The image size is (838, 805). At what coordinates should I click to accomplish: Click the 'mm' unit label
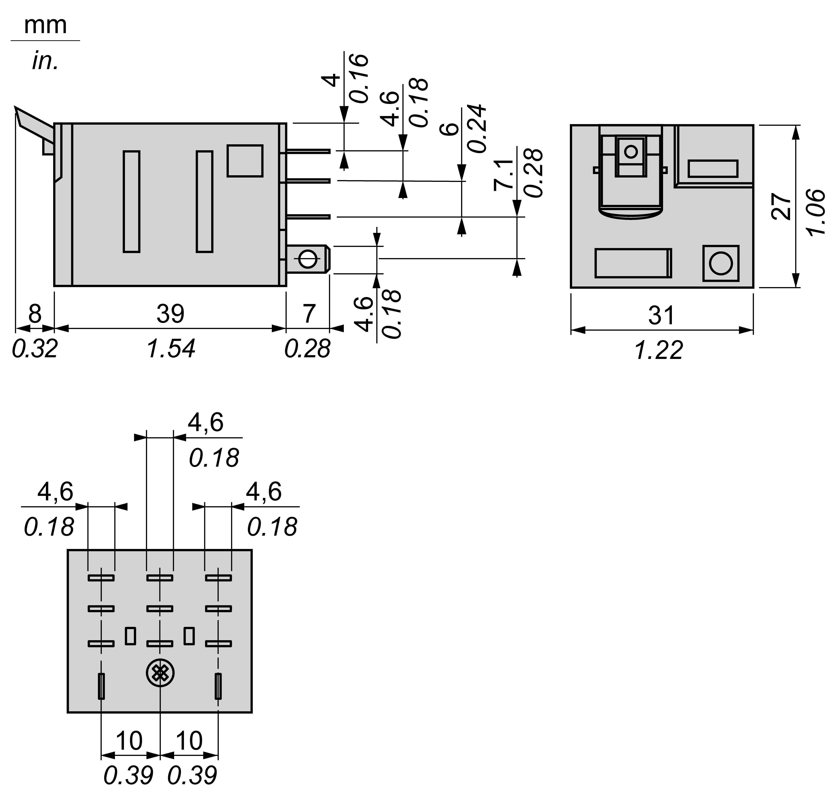pyautogui.click(x=45, y=26)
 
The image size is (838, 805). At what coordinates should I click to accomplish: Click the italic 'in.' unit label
pyautogui.click(x=45, y=61)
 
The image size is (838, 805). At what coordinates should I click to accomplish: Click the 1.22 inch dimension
pyautogui.click(x=659, y=350)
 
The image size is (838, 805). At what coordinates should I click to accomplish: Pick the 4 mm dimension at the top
pyautogui.click(x=333, y=80)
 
